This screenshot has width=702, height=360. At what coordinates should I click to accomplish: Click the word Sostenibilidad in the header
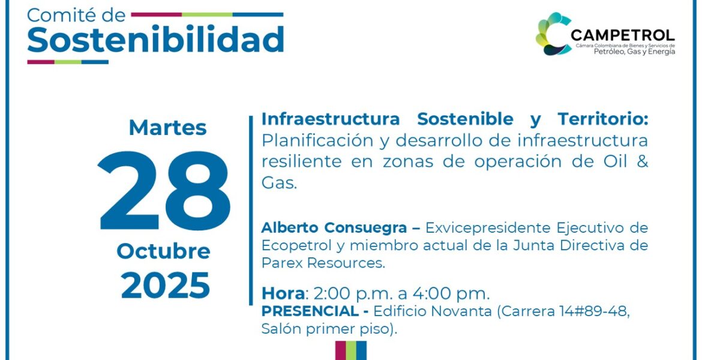pyautogui.click(x=155, y=40)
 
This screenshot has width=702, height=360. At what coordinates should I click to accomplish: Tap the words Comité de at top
pyautogui.click(x=76, y=15)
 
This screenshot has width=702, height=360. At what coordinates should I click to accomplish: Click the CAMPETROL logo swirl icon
pyautogui.click(x=553, y=34)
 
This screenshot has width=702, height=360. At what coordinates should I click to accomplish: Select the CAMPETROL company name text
pyautogui.click(x=622, y=35)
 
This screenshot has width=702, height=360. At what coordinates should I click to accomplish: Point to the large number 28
pyautogui.click(x=164, y=191)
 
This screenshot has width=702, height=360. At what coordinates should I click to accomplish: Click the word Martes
pyautogui.click(x=167, y=128)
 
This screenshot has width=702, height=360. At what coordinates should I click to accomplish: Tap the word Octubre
pyautogui.click(x=163, y=251)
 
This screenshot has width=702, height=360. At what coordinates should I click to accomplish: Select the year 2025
pyautogui.click(x=165, y=285)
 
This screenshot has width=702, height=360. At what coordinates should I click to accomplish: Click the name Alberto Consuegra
pyautogui.click(x=334, y=228)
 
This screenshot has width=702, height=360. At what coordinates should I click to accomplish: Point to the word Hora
pyautogui.click(x=283, y=294)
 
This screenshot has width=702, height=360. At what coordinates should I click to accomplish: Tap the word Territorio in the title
pyautogui.click(x=602, y=119)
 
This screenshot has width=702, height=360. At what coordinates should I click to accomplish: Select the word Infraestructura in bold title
pyautogui.click(x=331, y=119)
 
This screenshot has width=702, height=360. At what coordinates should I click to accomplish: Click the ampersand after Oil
pyautogui.click(x=642, y=161)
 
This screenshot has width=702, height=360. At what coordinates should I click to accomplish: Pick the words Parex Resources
pyautogui.click(x=322, y=263)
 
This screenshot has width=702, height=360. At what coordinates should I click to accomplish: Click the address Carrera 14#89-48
pyautogui.click(x=563, y=311)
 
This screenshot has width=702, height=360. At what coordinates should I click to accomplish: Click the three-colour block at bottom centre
pyautogui.click(x=351, y=350)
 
